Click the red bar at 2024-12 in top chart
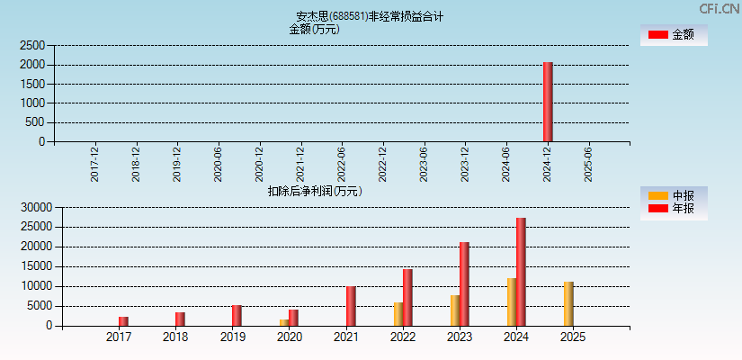point(548,102)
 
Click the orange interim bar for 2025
point(568,304)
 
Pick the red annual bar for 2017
point(123,321)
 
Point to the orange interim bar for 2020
point(284,322)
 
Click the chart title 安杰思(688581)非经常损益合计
point(370,16)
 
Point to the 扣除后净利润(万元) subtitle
point(315,191)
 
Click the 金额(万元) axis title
point(314,29)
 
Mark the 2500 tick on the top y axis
point(31,45)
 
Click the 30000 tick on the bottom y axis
point(35,207)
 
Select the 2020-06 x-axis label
point(219,165)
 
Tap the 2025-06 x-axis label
point(588,165)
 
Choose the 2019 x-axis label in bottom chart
point(232,337)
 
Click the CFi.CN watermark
point(719,8)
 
